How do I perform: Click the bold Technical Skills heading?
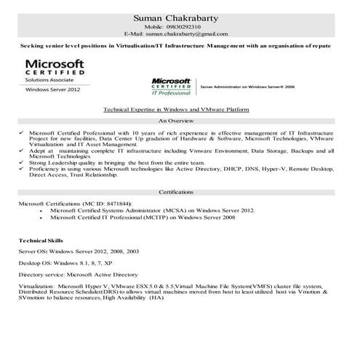(41, 239)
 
